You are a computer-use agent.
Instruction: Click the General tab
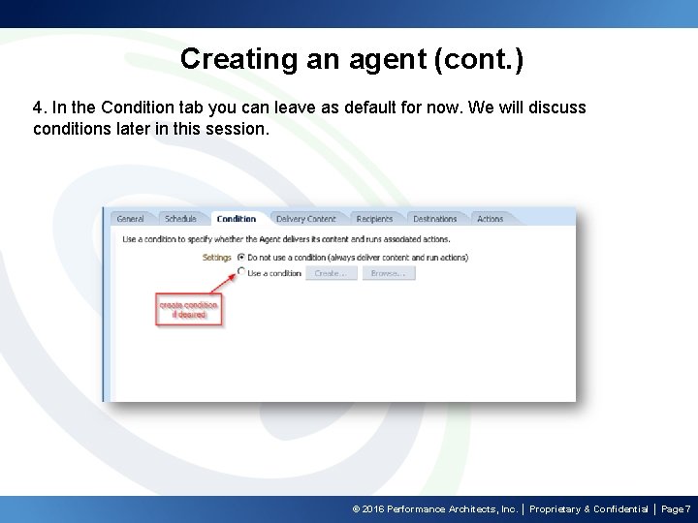pos(130,219)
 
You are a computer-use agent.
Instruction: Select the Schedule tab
pos(180,219)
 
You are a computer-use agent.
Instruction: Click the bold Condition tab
pos(236,219)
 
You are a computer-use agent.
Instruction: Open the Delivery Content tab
pos(305,219)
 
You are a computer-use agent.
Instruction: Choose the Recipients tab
pos(374,219)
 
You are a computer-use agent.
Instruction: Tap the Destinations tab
pos(434,219)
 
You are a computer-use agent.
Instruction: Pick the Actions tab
pos(490,219)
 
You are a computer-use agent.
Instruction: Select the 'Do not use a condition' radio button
pos(241,258)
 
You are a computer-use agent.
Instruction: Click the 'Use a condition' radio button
pos(241,273)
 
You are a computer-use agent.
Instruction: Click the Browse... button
pos(388,274)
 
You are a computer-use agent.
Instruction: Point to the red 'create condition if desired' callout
pos(189,310)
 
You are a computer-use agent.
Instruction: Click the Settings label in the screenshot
pos(216,258)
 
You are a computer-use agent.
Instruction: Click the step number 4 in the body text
pos(38,108)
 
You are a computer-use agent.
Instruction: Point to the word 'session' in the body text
pos(237,129)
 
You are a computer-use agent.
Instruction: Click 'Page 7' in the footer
pos(676,509)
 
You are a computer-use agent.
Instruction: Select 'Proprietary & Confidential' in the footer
pos(588,509)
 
